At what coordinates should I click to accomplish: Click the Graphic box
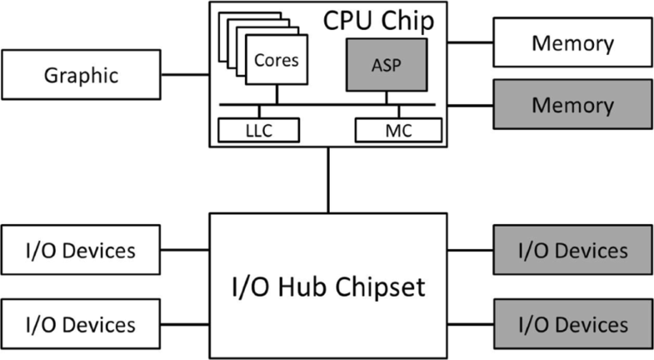[x=82, y=75]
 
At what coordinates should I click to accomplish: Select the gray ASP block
[x=386, y=64]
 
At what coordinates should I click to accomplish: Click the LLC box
[x=258, y=130]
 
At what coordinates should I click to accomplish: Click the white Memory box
[x=572, y=42]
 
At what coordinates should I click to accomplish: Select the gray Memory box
[x=572, y=106]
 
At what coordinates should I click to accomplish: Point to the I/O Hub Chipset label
[x=327, y=287]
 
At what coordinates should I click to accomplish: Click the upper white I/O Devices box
[x=82, y=248]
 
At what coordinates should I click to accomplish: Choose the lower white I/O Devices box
[x=82, y=322]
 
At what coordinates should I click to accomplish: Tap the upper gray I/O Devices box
[x=572, y=249]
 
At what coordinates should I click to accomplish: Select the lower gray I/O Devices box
[x=572, y=322]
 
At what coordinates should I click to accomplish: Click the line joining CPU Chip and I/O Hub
[x=327, y=180]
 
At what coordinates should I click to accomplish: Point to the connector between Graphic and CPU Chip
[x=184, y=75]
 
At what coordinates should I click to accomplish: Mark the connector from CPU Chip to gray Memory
[x=470, y=106]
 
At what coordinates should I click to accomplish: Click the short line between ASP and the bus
[x=386, y=97]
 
